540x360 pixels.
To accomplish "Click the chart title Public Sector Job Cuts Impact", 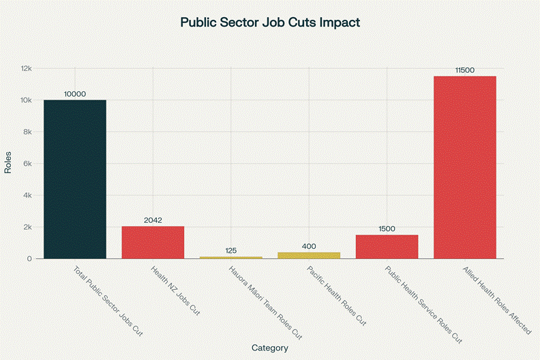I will click(x=269, y=22).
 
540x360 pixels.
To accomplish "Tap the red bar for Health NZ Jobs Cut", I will click(x=153, y=242).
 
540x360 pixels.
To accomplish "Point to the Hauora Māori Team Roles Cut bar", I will click(x=230, y=257).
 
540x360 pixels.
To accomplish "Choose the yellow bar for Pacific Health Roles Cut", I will click(x=309, y=255).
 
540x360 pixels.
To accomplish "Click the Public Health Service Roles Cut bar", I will click(x=387, y=246).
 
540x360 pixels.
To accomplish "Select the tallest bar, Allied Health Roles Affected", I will click(x=465, y=167).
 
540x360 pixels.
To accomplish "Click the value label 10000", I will click(x=75, y=94).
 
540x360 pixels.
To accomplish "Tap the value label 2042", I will click(x=153, y=220).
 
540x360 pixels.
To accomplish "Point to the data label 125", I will click(x=230, y=250).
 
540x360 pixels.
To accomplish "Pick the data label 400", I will click(x=309, y=246).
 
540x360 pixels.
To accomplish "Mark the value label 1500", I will click(x=387, y=229).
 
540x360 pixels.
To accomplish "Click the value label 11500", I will click(x=465, y=70).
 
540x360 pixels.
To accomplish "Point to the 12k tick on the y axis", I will click(x=26, y=69).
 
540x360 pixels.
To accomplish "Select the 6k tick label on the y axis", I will click(x=27, y=164).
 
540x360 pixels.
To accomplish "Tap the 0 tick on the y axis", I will click(x=29, y=259).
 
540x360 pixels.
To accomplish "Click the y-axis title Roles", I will click(x=8, y=164).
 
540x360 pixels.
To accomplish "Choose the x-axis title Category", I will click(x=269, y=348).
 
